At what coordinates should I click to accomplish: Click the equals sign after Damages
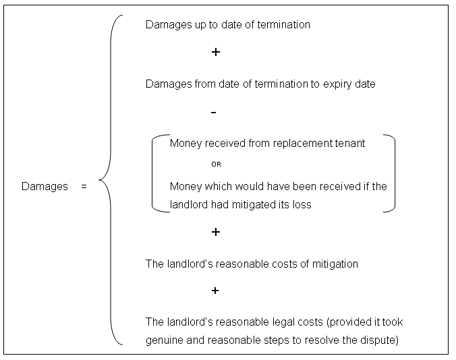[84, 186]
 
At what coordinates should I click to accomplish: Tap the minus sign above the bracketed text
[214, 112]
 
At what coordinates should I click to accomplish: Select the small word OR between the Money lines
[215, 164]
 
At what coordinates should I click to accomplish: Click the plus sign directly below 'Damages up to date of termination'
[215, 52]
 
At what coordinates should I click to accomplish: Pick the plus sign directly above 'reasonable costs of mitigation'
[215, 232]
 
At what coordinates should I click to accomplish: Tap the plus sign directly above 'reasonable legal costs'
[215, 291]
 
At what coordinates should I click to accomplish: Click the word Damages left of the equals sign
[45, 186]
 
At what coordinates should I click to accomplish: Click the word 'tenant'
[349, 144]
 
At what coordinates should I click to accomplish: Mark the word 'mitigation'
[333, 264]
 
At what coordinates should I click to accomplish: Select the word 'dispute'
[379, 340]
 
